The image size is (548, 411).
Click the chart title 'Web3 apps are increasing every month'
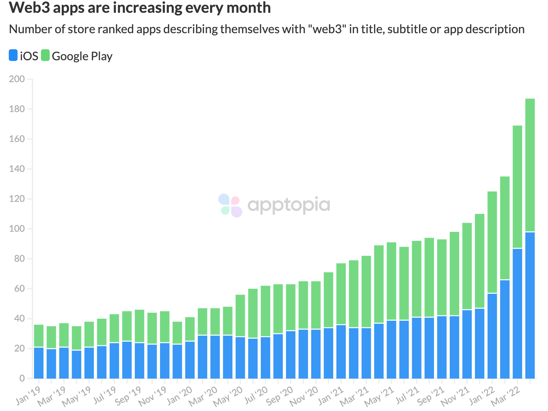[140, 8]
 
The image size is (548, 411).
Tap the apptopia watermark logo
[274, 205]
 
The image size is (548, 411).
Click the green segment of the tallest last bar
[530, 164]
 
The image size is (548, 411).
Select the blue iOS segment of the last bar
[530, 305]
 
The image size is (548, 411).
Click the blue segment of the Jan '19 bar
[39, 363]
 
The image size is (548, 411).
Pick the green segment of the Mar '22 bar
[518, 186]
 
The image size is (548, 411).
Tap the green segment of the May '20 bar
[240, 316]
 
